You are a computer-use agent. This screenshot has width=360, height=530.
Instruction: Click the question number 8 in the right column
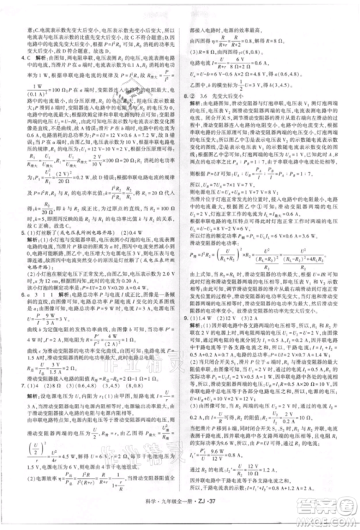(185, 96)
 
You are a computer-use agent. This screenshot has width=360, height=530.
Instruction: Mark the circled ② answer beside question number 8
(194, 96)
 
